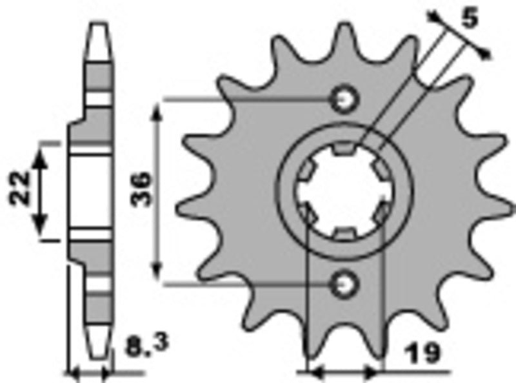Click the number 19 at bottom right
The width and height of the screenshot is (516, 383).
pyautogui.click(x=422, y=353)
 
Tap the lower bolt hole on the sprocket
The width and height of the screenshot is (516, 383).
pyautogui.click(x=343, y=282)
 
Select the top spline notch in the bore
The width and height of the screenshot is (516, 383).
pyautogui.click(x=343, y=150)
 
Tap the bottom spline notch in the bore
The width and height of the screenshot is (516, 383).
pyautogui.click(x=343, y=233)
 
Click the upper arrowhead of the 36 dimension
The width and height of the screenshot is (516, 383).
pyautogui.click(x=158, y=109)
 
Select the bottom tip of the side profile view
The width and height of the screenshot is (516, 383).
pyautogui.click(x=99, y=355)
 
